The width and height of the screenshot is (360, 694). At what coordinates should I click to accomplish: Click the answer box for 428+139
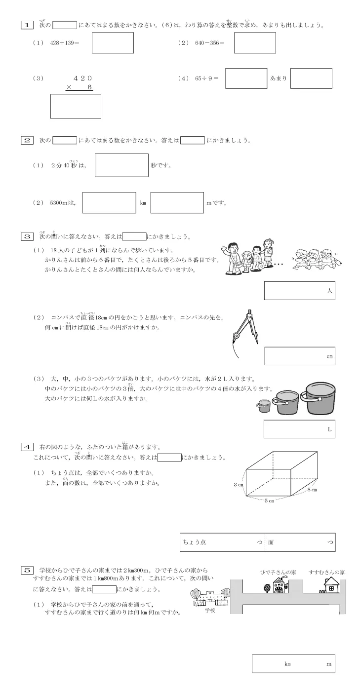113,43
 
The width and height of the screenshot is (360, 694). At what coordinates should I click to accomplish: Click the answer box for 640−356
254,43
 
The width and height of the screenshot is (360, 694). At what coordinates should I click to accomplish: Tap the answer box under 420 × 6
76,106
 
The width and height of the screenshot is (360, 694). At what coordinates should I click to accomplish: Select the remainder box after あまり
311,78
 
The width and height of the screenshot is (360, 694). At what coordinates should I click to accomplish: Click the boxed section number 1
27,24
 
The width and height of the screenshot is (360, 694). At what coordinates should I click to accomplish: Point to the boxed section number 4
27,447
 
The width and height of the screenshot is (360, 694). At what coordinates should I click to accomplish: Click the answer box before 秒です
121,165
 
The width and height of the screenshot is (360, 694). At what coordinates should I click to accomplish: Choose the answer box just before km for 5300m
109,203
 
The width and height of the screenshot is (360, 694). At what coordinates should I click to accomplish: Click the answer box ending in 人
299,291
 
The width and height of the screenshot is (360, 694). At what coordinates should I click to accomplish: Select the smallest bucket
263,406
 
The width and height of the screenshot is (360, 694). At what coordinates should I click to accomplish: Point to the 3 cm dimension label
239,485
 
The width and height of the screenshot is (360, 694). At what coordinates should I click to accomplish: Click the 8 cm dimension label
312,490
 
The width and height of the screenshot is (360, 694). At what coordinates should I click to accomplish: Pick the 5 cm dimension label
269,501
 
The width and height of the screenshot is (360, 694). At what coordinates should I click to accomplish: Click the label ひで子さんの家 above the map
278,572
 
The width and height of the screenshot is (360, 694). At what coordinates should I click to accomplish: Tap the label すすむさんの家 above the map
326,572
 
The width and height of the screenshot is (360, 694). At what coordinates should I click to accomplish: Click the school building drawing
210,598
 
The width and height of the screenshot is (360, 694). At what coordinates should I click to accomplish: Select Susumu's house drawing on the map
332,585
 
